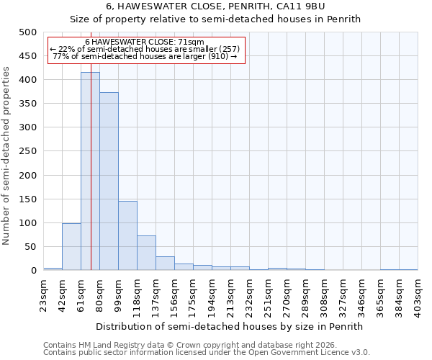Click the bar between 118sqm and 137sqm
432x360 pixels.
click(x=146, y=253)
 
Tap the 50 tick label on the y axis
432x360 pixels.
click(x=31, y=247)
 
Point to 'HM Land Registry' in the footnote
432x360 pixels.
click(x=111, y=345)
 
